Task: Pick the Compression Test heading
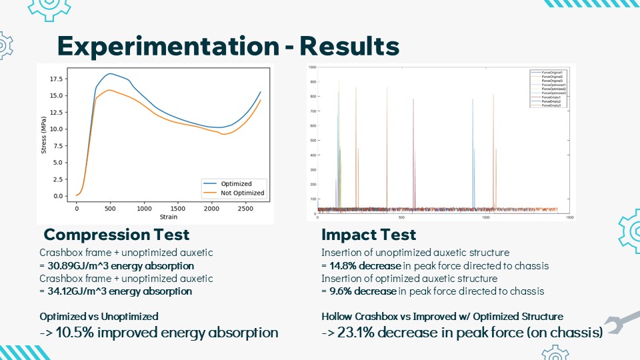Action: pyautogui.click(x=116, y=235)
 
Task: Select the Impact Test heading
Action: pyautogui.click(x=369, y=235)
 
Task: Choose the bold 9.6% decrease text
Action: pyautogui.click(x=359, y=291)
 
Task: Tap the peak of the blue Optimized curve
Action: pyautogui.click(x=111, y=73)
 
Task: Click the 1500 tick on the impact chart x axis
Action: pyautogui.click(x=569, y=217)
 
